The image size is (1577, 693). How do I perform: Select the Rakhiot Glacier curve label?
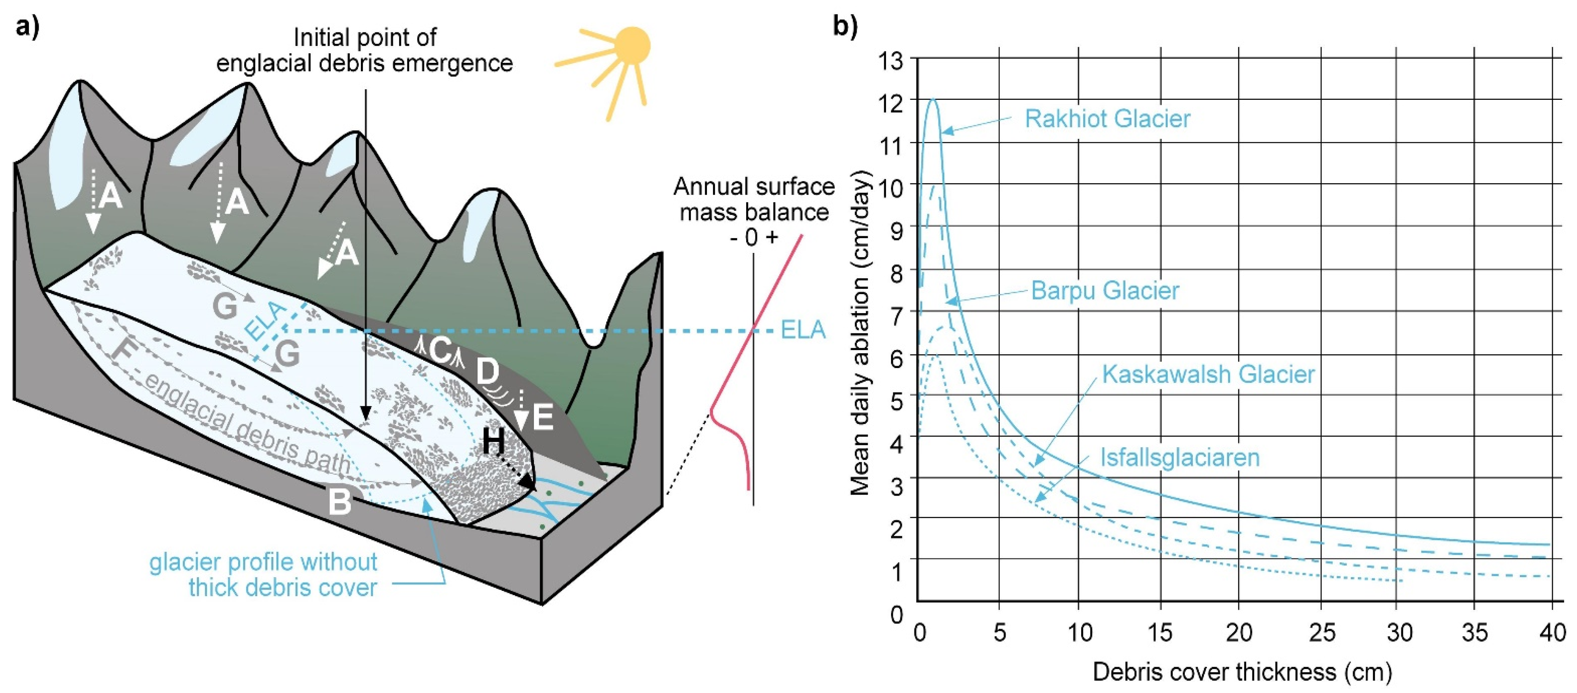1107,119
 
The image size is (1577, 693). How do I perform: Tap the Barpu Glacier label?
1104,290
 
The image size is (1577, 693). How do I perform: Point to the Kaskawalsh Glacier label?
1208,374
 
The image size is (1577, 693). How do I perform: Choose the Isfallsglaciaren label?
1180,457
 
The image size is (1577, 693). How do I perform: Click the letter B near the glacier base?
340,502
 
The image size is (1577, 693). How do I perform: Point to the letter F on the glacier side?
124,351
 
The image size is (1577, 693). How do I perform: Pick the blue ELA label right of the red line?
803,331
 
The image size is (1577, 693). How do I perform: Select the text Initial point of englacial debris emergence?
365,50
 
